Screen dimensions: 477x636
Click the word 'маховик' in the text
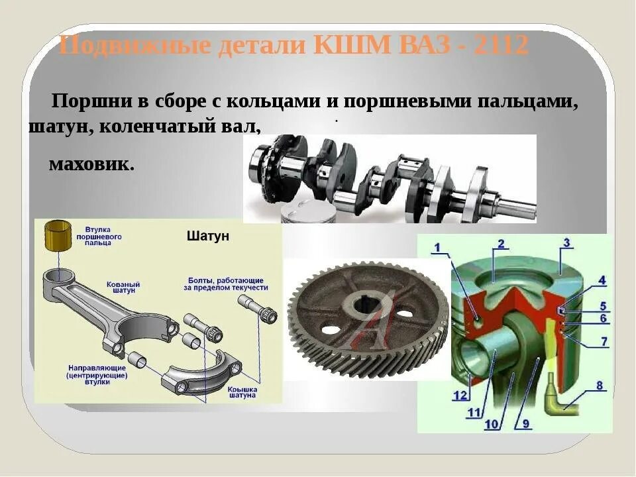(91, 164)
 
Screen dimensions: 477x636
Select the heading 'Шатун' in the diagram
(208, 237)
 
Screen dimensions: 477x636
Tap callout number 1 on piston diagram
(437, 248)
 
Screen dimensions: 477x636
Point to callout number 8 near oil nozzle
(599, 385)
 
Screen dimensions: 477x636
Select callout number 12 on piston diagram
(460, 396)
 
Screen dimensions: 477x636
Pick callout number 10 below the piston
(491, 423)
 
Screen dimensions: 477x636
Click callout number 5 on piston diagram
(602, 306)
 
